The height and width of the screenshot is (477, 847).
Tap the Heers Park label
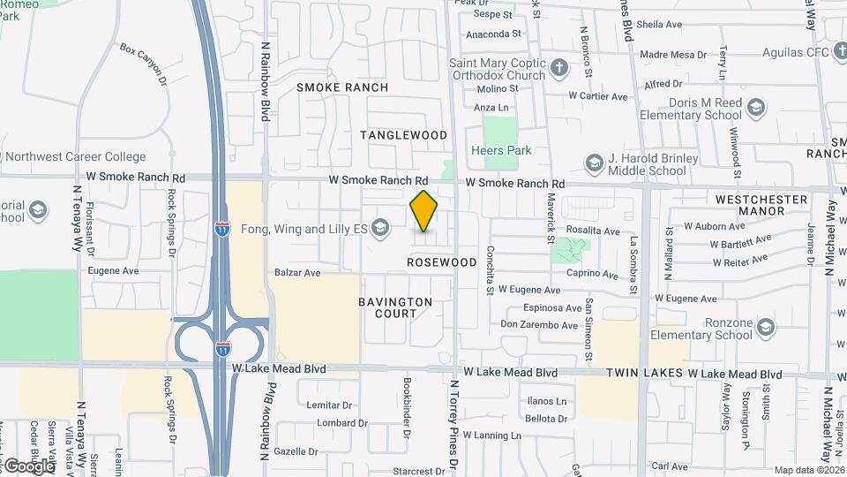(500, 150)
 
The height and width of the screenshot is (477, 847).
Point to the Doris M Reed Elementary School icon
(755, 108)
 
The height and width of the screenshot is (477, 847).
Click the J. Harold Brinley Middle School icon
(595, 163)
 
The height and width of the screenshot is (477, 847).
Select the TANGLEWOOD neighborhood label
(404, 135)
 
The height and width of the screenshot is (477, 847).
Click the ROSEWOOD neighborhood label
(442, 262)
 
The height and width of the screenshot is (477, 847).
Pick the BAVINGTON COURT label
(395, 307)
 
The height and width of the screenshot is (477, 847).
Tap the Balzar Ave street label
(297, 273)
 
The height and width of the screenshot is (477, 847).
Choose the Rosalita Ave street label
(592, 231)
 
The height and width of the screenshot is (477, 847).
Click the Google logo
(28, 466)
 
